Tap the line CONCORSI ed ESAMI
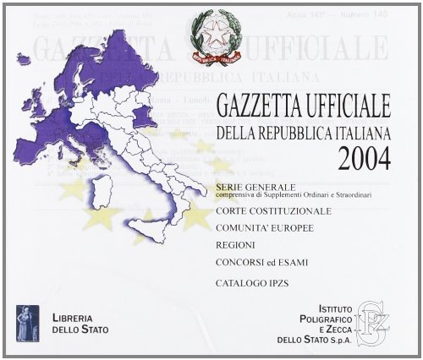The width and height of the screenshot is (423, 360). coord(261,263)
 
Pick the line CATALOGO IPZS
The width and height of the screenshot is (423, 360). coord(250,286)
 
